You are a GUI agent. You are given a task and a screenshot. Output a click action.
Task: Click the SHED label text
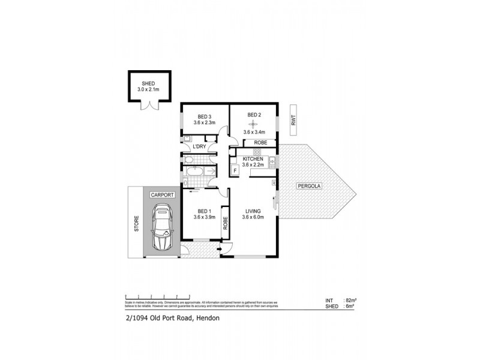[147, 83]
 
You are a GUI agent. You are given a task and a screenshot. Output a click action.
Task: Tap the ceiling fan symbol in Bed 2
[253, 125]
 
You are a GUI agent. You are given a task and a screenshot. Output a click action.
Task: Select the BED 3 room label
[205, 116]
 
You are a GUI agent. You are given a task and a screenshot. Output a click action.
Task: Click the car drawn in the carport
[162, 227]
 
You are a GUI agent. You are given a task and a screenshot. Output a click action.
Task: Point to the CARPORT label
[162, 196]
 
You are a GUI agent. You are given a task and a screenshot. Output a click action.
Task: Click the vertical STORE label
[136, 224]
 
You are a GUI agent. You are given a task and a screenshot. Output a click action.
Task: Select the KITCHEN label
[254, 159]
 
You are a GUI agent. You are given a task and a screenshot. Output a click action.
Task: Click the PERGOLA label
[310, 187]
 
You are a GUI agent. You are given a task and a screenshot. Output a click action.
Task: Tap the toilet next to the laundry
[188, 160]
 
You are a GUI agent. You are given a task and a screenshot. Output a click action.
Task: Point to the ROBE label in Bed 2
[261, 143]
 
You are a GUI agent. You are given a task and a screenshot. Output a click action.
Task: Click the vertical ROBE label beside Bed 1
[226, 224]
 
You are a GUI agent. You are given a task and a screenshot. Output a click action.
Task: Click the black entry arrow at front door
[221, 249]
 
